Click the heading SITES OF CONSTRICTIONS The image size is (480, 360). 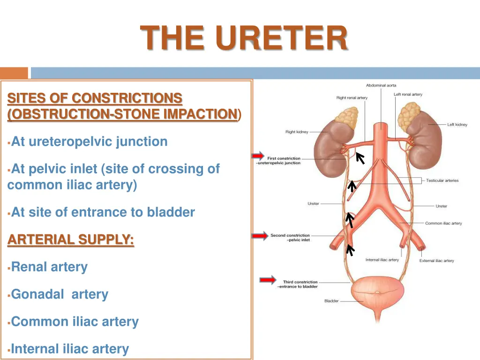pyautogui.click(x=95, y=98)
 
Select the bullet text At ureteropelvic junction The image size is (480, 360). pyautogui.click(x=89, y=142)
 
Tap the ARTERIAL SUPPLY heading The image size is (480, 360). pyautogui.click(x=71, y=240)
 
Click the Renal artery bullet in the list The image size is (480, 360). pyautogui.click(x=49, y=267)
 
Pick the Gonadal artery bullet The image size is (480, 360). pyautogui.click(x=60, y=294)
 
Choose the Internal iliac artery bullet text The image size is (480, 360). pyautogui.click(x=70, y=349)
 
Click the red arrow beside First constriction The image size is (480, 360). pyautogui.click(x=257, y=156)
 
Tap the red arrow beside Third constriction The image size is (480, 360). pyautogui.click(x=268, y=280)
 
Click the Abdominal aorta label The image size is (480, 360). pyautogui.click(x=381, y=85)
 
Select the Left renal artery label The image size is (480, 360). pyautogui.click(x=408, y=95)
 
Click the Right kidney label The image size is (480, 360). pyautogui.click(x=297, y=132)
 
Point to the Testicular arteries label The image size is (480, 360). pyautogui.click(x=442, y=180)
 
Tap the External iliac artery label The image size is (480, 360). pyautogui.click(x=436, y=261)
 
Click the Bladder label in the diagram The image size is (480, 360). pyautogui.click(x=331, y=301)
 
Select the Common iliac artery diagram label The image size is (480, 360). pyautogui.click(x=443, y=223)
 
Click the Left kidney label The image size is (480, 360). pyautogui.click(x=457, y=125)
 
